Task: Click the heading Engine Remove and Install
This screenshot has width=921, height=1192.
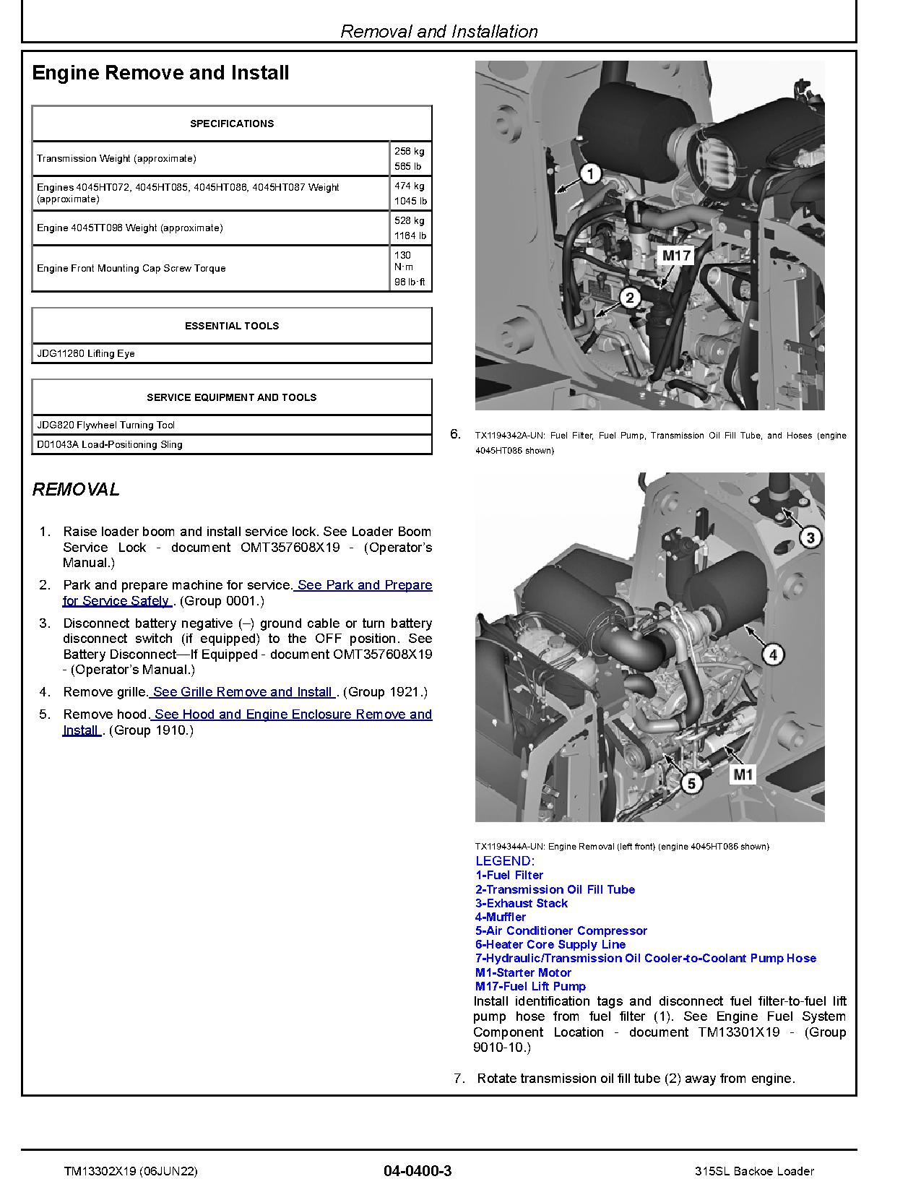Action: coord(160,73)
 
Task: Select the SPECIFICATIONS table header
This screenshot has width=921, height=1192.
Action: coord(232,124)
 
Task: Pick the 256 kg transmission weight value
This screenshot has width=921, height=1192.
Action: coord(409,152)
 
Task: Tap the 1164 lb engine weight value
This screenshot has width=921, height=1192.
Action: coord(410,236)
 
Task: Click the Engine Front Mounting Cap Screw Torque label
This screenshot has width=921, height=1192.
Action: coord(131,268)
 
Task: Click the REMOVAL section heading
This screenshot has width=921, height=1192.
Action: coord(76,489)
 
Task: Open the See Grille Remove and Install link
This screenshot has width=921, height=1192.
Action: coord(243,692)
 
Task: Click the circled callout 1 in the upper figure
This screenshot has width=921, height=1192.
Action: coord(591,174)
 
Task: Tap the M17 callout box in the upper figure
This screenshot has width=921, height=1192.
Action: coord(677,255)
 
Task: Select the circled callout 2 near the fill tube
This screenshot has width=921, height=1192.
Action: coord(630,298)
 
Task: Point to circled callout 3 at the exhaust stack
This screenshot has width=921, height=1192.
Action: coord(810,537)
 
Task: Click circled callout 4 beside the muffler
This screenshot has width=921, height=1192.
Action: coord(773,655)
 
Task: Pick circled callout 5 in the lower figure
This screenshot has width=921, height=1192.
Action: coord(691,783)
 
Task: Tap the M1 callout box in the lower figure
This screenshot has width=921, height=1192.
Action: coord(743,775)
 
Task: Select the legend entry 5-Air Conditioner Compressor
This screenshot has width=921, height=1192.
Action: coord(561,930)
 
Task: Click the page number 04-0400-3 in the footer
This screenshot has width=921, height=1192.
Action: coord(418,1171)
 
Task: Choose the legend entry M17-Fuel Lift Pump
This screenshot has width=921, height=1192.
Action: coord(530,986)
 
